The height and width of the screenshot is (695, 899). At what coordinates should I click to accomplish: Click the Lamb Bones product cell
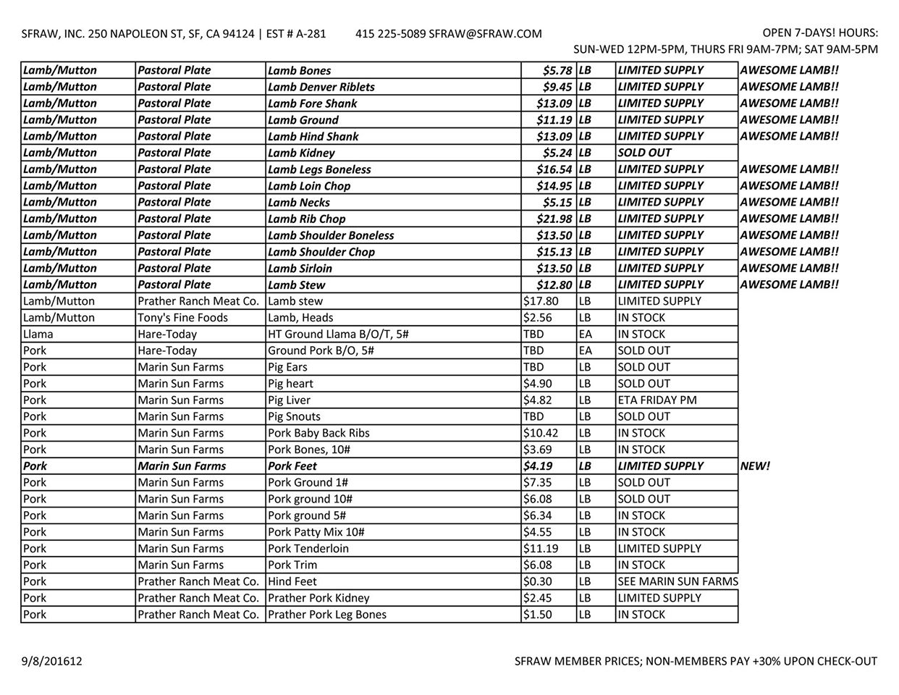(x=299, y=71)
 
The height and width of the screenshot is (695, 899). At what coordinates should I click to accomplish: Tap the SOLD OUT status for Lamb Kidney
(x=644, y=153)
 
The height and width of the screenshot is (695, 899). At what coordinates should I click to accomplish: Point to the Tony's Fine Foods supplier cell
(x=182, y=318)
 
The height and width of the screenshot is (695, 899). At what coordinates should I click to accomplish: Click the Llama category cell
(x=38, y=334)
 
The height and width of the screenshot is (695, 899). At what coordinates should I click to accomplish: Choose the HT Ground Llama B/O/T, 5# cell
(x=338, y=334)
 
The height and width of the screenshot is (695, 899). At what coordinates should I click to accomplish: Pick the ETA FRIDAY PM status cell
(x=654, y=400)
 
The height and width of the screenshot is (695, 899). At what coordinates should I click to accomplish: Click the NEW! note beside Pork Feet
(x=755, y=466)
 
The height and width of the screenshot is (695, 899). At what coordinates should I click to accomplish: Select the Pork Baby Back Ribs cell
(x=318, y=433)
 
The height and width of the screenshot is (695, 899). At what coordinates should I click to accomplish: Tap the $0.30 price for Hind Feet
(x=536, y=581)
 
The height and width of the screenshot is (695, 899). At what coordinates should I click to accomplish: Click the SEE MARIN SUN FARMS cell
(x=678, y=581)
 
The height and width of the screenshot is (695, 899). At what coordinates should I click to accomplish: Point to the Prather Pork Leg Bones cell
(x=327, y=615)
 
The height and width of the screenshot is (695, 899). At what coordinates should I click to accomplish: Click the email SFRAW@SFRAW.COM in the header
(x=485, y=34)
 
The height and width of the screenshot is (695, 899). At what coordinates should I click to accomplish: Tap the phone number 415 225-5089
(x=390, y=34)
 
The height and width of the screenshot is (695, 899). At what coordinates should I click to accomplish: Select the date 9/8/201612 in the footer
(x=51, y=661)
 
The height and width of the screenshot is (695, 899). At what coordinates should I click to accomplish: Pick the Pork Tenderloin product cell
(x=308, y=549)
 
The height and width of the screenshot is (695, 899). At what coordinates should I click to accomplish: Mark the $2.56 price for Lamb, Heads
(x=536, y=318)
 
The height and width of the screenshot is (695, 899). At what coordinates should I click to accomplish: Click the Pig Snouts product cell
(x=294, y=417)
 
